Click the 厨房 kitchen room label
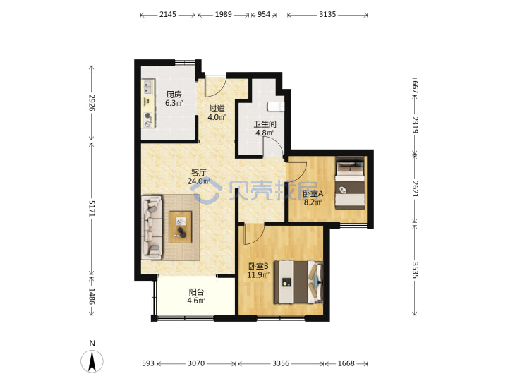[x=174, y=95]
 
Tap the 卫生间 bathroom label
[x=265, y=124]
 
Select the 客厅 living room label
[x=198, y=173]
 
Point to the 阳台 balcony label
[x=196, y=292]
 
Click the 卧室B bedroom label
[x=258, y=266]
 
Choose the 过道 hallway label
[x=217, y=109]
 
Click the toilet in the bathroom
[x=276, y=107]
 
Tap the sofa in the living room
[x=152, y=227]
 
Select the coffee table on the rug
[x=181, y=227]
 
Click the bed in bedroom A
[x=350, y=183]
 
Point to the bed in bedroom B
[x=298, y=282]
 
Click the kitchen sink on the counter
[x=147, y=87]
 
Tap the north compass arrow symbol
[x=92, y=361]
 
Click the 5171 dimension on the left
[x=92, y=209]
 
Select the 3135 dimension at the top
[x=327, y=14]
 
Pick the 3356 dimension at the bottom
[x=281, y=363]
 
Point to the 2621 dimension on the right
[x=415, y=189]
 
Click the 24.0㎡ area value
[x=198, y=181]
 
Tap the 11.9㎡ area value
[x=258, y=275]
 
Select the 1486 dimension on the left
[x=92, y=296]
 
